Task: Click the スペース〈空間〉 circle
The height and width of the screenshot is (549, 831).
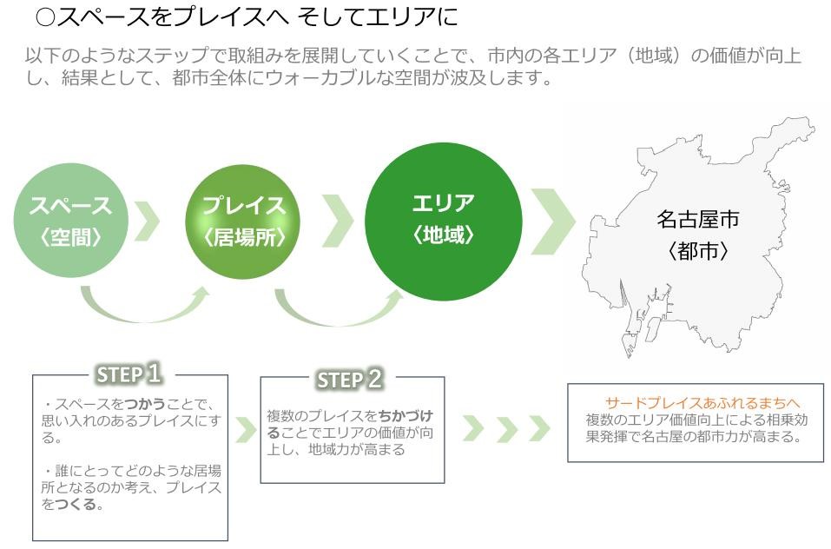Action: (x=71, y=221)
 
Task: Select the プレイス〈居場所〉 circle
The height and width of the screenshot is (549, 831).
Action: (x=243, y=222)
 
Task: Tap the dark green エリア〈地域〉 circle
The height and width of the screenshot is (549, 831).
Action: (x=444, y=222)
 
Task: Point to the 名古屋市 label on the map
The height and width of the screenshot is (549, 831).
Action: (x=697, y=220)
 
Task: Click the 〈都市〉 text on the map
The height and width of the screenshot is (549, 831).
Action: (x=697, y=251)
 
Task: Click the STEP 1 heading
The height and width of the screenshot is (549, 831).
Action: (x=129, y=374)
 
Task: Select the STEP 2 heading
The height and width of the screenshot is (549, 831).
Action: (x=349, y=380)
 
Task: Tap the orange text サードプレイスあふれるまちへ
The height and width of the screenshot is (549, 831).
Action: (x=702, y=403)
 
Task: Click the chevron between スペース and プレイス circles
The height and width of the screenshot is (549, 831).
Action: (x=148, y=221)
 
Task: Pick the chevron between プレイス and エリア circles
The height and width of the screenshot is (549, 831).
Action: (x=338, y=221)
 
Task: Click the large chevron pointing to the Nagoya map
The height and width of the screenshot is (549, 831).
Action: (x=553, y=221)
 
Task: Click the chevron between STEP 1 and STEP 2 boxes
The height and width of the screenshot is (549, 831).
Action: (x=247, y=430)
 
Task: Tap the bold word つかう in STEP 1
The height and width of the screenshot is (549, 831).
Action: (x=145, y=404)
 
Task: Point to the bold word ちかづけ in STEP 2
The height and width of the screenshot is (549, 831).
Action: (x=406, y=416)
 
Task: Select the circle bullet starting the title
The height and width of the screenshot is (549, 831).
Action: (x=45, y=17)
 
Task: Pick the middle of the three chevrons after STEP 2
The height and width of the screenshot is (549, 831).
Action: (x=507, y=429)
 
